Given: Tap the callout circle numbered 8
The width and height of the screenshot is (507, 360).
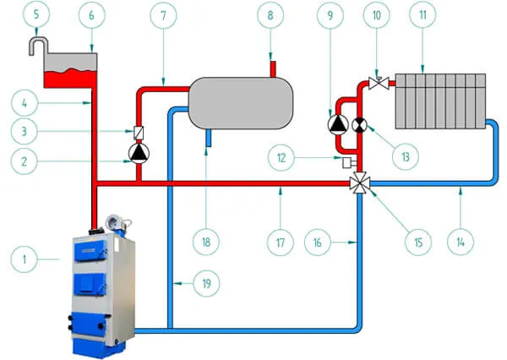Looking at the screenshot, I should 269,14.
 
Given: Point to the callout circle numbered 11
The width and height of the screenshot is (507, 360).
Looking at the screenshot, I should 443,14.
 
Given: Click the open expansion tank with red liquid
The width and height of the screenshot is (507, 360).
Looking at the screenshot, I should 69,71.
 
